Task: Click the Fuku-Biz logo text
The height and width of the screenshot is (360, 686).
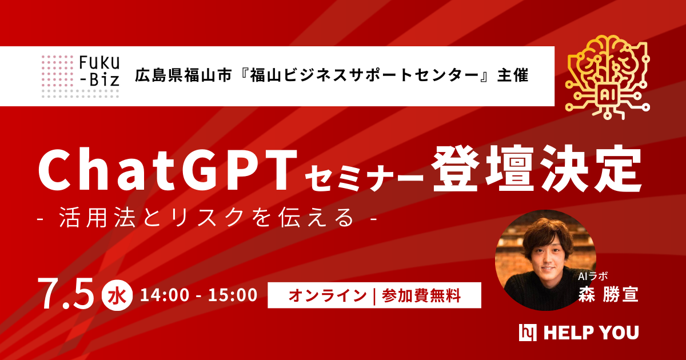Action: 99,69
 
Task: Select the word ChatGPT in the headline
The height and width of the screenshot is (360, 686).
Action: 168,171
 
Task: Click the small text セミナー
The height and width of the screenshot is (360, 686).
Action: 364,176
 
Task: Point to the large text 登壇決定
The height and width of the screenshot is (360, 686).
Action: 536,170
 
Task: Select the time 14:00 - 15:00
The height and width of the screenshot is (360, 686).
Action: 198,295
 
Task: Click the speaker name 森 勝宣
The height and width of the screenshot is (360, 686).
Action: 608,294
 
